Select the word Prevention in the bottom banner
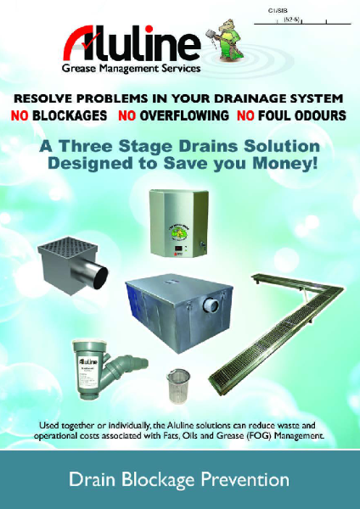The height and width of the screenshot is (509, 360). (245, 481)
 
